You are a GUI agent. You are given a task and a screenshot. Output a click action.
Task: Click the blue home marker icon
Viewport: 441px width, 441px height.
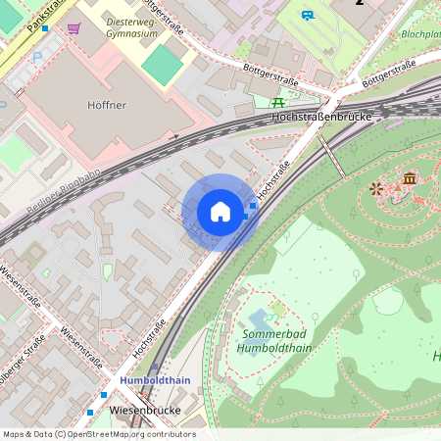coord(220,212)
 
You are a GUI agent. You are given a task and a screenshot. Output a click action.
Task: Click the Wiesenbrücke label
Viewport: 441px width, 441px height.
coord(147,408)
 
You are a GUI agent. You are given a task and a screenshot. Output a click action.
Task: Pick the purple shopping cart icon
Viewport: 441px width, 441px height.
coord(73,28)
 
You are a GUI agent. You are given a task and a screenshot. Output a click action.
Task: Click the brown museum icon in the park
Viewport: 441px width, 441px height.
coord(409,178)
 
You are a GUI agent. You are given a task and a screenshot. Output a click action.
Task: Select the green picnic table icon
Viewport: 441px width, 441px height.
coord(278,101)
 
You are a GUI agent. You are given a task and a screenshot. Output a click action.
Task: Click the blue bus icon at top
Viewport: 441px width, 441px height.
coord(309,15)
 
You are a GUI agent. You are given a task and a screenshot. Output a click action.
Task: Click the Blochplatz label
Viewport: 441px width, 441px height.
coord(419,33)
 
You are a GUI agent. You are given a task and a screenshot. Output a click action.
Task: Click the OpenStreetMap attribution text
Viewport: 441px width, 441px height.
coord(98,433)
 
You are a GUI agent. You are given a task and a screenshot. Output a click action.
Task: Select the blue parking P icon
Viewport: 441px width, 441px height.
coord(37,57)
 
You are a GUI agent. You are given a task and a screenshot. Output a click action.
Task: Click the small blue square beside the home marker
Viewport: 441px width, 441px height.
coord(253,206)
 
